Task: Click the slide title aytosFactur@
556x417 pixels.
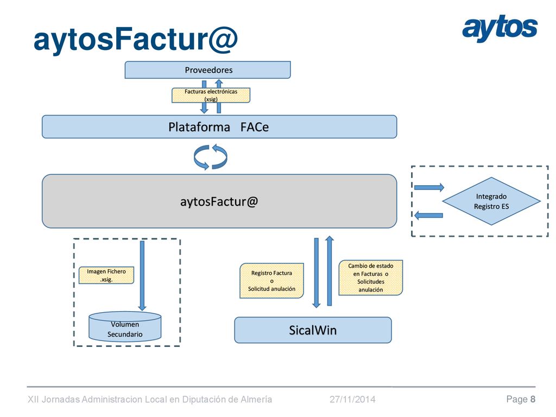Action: [x=135, y=40]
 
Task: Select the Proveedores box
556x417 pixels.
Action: [x=207, y=70]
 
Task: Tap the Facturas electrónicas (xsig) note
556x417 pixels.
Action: [x=211, y=95]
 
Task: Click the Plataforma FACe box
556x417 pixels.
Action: [x=219, y=127]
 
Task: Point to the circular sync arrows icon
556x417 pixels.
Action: [x=211, y=157]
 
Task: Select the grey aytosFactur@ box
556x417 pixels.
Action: [x=219, y=201]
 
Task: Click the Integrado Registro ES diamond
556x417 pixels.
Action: [x=491, y=201]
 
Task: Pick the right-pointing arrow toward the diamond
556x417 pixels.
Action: [x=429, y=187]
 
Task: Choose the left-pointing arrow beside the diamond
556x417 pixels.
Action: [x=429, y=215]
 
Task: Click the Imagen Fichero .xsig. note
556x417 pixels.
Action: [x=106, y=275]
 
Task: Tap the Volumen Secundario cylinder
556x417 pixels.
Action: [x=125, y=326]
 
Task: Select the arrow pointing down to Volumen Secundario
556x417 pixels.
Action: [x=142, y=275]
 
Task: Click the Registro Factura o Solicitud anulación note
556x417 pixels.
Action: [x=271, y=281]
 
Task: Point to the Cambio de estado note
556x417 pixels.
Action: [x=370, y=277]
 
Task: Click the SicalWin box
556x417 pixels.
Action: [x=313, y=330]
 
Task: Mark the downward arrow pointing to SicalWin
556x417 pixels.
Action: [x=317, y=273]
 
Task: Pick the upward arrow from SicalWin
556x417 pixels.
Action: [x=330, y=271]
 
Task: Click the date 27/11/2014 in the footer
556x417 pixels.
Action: [x=352, y=400]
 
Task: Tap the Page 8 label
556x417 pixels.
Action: [x=521, y=400]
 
